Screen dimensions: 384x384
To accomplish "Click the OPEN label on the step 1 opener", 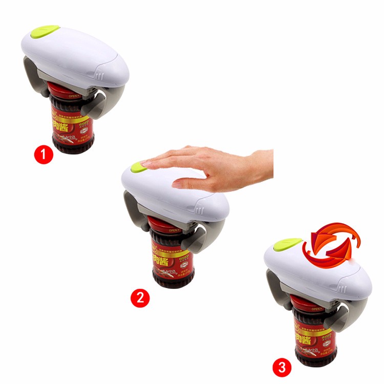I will coord(83,94).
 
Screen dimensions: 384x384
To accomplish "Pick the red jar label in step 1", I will coord(70,120).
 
